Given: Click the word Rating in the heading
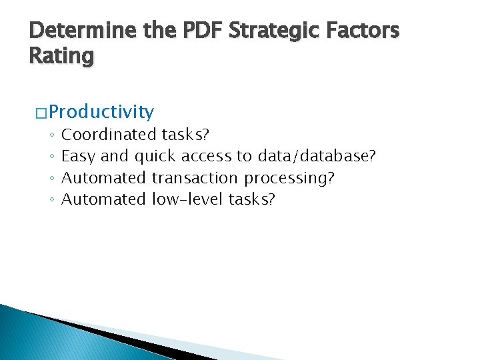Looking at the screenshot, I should tap(62, 56).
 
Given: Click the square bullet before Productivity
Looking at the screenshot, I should tap(41, 112).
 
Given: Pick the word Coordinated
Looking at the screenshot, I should tap(109, 135).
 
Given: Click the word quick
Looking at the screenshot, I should tap(155, 156).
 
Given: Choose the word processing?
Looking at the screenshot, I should tap(289, 178).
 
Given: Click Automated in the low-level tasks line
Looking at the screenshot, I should tap(103, 199).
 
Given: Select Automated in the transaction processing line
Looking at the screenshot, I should tap(103, 178).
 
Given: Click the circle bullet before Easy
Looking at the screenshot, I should tap(51, 157).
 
